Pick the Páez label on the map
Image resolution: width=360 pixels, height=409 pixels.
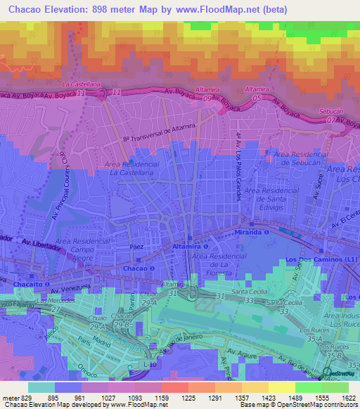click(x=137, y=247)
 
